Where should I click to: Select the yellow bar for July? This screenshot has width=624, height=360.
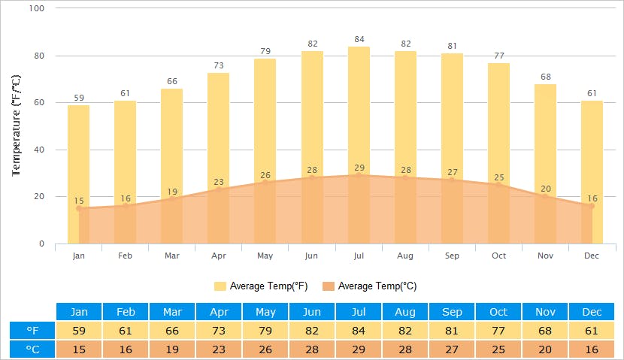point(359,113)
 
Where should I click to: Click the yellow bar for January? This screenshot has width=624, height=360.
point(78,150)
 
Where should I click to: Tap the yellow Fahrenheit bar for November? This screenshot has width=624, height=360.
point(545,135)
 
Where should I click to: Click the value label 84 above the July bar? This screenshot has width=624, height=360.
point(359,40)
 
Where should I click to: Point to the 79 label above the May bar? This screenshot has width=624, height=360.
point(265,51)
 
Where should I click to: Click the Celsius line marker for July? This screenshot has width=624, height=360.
point(359,175)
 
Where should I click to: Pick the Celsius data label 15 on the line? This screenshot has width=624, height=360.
point(79,201)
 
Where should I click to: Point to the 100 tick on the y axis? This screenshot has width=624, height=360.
point(37,8)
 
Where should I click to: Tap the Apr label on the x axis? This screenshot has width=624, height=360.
point(219,256)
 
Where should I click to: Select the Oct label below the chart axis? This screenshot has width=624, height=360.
point(499,256)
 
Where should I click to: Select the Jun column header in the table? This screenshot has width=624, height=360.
point(311,312)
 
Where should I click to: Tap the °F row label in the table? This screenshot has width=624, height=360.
point(32,331)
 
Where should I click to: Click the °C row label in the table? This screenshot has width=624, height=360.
point(32,349)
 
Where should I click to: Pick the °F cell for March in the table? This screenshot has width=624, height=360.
point(171,331)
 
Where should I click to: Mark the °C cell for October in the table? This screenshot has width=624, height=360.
point(498,349)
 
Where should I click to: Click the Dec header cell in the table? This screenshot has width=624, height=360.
point(592,312)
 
